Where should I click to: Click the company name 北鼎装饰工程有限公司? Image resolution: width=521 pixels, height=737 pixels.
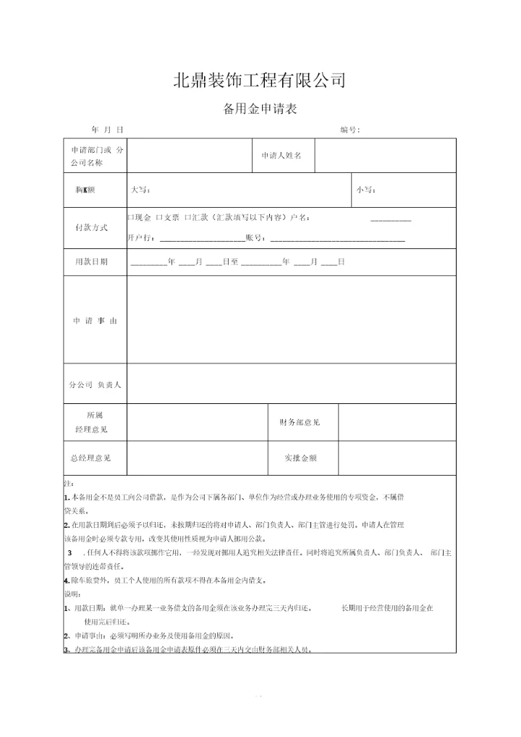click(260, 80)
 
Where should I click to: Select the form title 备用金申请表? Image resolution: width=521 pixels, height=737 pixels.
click(260, 109)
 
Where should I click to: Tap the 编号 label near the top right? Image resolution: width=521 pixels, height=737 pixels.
click(350, 130)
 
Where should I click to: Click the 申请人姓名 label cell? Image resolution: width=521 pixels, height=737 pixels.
click(281, 156)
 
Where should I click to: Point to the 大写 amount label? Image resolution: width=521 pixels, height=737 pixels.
click(140, 190)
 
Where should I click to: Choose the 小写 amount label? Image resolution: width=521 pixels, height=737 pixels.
click(365, 190)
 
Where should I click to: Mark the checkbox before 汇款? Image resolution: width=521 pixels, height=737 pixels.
click(188, 217)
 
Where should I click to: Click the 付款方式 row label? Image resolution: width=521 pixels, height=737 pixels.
click(91, 227)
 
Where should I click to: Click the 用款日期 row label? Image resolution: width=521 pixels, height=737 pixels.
click(91, 261)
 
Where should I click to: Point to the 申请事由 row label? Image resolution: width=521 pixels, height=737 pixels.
click(94, 321)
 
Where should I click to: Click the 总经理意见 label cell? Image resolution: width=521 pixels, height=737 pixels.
click(90, 458)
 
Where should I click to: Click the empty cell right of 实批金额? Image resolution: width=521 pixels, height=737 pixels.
click(397, 458)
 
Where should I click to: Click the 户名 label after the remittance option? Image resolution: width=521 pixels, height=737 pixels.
click(300, 217)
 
